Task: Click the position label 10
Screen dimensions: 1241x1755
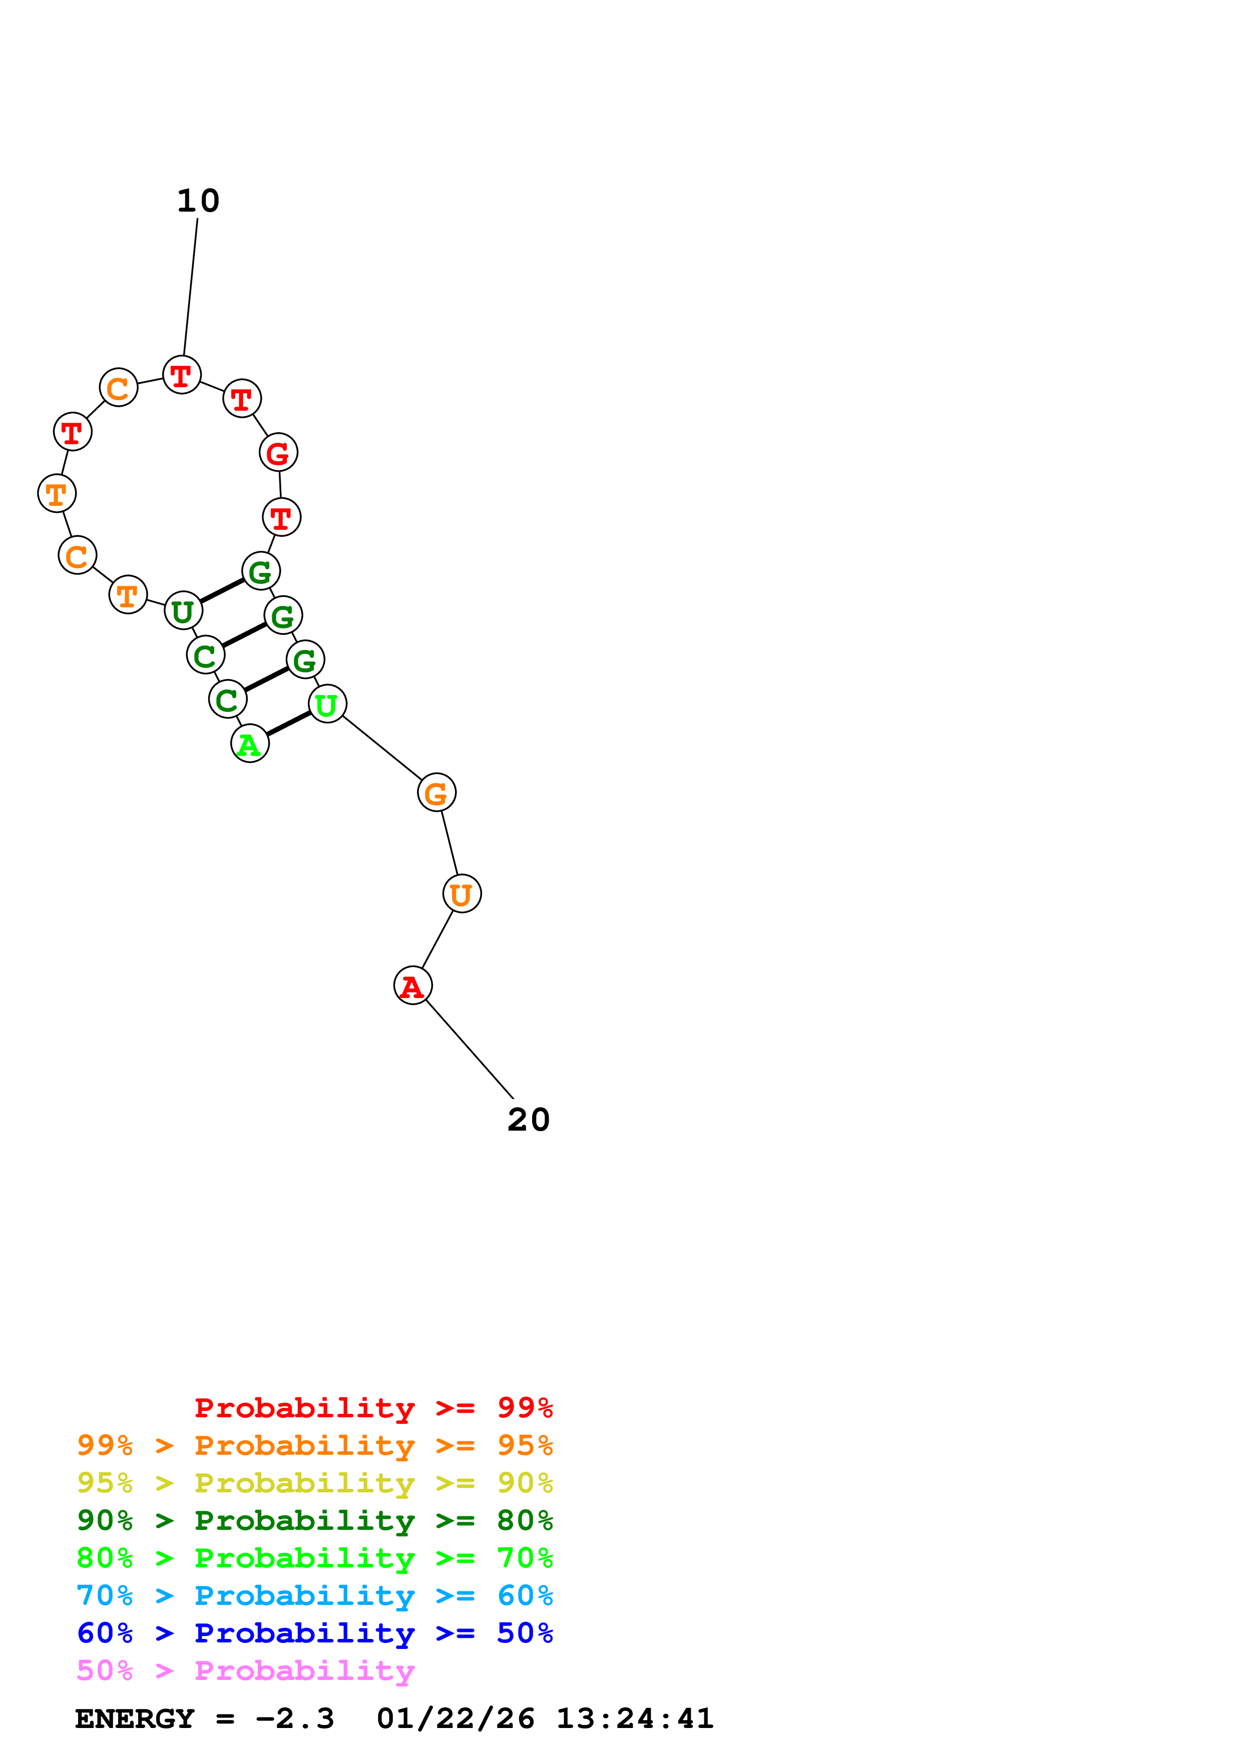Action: point(198,201)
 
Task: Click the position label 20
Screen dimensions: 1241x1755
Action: point(528,1120)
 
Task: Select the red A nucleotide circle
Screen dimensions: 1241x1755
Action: point(413,986)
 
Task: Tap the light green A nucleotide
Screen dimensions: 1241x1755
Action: point(250,744)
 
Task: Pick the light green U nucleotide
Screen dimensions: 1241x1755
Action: point(327,704)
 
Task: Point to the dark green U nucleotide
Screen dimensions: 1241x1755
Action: point(183,611)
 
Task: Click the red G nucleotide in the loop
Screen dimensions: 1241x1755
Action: point(278,453)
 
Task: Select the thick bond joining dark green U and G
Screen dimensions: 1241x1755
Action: point(222,591)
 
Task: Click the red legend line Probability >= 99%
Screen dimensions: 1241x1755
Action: point(373,1408)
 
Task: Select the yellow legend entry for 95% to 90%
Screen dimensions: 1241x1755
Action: point(314,1483)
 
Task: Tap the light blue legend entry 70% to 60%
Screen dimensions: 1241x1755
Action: point(314,1595)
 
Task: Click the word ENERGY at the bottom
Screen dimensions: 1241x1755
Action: point(135,1719)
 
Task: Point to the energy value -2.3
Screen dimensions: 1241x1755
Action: point(295,1719)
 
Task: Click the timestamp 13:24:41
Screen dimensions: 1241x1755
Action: point(635,1719)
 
